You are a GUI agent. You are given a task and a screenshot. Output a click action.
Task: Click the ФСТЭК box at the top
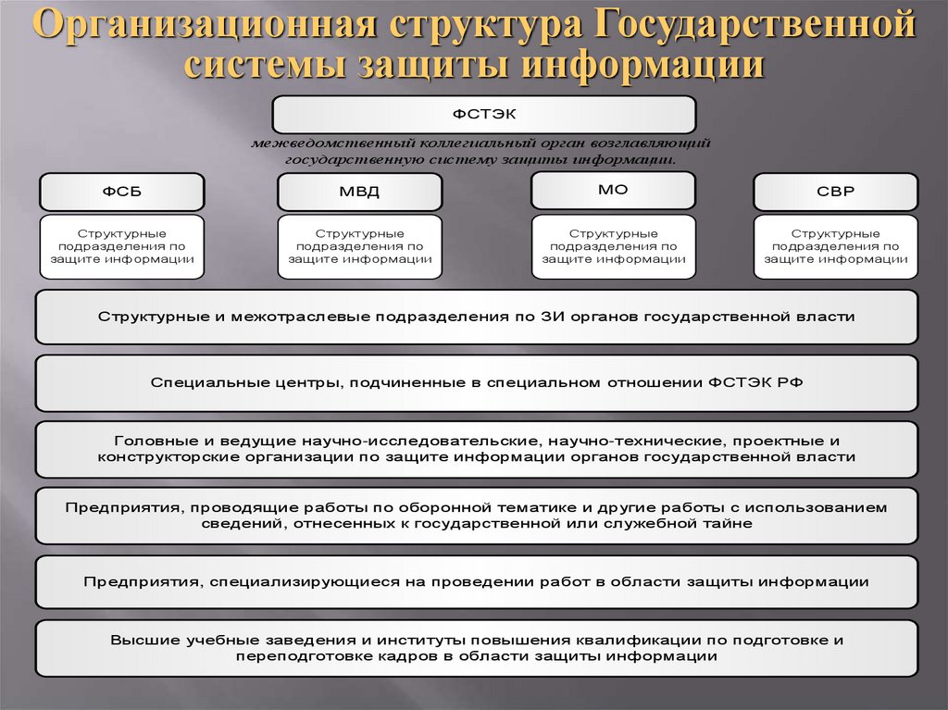pyautogui.click(x=483, y=115)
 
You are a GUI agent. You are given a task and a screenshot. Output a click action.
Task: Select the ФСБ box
pyautogui.click(x=122, y=192)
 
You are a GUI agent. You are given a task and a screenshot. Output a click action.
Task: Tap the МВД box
pyautogui.click(x=359, y=192)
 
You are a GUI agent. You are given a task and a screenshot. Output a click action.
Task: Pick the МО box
pyautogui.click(x=613, y=189)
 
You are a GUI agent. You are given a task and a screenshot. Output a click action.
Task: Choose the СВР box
pyautogui.click(x=835, y=192)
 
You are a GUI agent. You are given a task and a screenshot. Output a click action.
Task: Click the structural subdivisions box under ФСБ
pyautogui.click(x=122, y=247)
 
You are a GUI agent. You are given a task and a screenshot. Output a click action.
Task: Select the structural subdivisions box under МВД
pyautogui.click(x=359, y=247)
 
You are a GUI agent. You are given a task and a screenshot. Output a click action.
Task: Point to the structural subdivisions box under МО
pyautogui.click(x=613, y=247)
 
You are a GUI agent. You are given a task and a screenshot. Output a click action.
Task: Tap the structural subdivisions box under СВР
pyautogui.click(x=835, y=247)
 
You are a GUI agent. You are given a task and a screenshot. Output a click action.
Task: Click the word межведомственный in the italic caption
pyautogui.click(x=332, y=145)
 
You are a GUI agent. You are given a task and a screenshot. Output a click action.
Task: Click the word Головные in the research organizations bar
pyautogui.click(x=150, y=441)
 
